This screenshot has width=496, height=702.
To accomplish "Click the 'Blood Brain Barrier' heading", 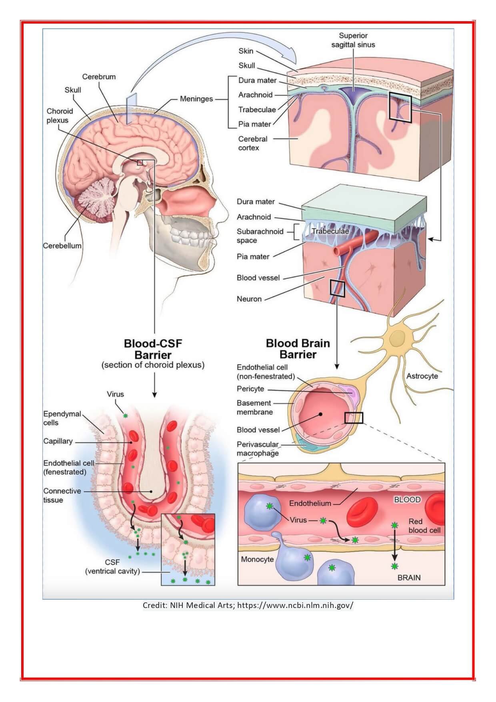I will pos(298,349).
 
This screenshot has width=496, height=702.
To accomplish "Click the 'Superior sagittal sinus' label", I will pos(353,40).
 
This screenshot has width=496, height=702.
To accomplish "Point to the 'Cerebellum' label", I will pos(62,246).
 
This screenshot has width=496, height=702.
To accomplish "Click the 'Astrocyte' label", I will pos(422,376).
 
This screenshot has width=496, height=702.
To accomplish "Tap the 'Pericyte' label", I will pos(250,389).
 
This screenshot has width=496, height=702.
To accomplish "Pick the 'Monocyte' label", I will pos(257,559).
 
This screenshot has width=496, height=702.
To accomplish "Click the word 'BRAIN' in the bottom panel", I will pos(409,578).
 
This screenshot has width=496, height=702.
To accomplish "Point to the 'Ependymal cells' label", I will pos(62,418).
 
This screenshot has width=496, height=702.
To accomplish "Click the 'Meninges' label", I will pos(196,99).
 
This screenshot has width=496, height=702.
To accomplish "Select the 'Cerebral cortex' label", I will pos(253,143).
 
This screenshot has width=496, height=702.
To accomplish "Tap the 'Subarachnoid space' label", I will pos(260,236).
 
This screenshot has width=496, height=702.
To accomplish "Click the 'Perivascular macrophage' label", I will pos(258,449).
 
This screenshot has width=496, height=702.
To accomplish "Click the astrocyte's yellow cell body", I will pos(397,339).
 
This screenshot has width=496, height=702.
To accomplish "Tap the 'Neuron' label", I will pos(249,299).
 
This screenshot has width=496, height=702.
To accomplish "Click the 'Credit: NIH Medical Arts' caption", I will pos(248,605).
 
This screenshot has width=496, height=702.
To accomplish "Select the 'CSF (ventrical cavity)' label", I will pos(112,567).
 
